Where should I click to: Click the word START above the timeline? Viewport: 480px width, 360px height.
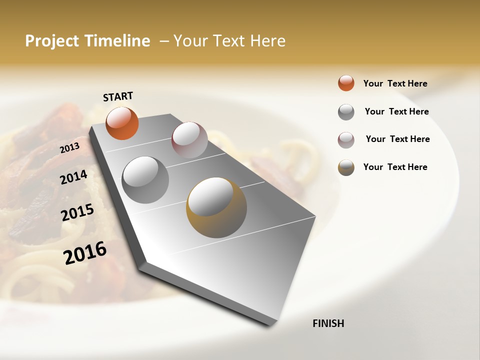coord(118,96)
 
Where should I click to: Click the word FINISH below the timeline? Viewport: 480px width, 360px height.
coord(328,323)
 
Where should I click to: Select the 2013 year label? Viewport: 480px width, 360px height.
coord(69,148)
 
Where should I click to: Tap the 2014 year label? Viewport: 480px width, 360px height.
coord(73,177)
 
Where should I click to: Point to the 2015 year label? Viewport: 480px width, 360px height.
coord(77,212)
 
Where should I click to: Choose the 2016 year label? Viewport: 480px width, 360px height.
coord(85,252)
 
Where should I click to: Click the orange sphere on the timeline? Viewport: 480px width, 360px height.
coord(122,123)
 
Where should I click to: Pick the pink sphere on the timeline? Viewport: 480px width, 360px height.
coord(189,140)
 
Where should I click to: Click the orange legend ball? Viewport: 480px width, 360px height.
coord(346,83)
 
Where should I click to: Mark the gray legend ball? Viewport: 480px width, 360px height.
coord(346,112)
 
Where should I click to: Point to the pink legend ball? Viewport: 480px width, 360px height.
coord(346,140)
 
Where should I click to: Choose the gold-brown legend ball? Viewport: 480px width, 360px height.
coord(346,167)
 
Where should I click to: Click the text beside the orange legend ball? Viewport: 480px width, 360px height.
coord(395,83)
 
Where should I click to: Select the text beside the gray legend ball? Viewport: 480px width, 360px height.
coord(396,111)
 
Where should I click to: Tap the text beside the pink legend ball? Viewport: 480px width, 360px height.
coord(397,139)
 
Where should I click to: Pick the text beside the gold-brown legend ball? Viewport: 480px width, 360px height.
coord(395,167)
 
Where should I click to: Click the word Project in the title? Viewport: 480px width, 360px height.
coord(52,41)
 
